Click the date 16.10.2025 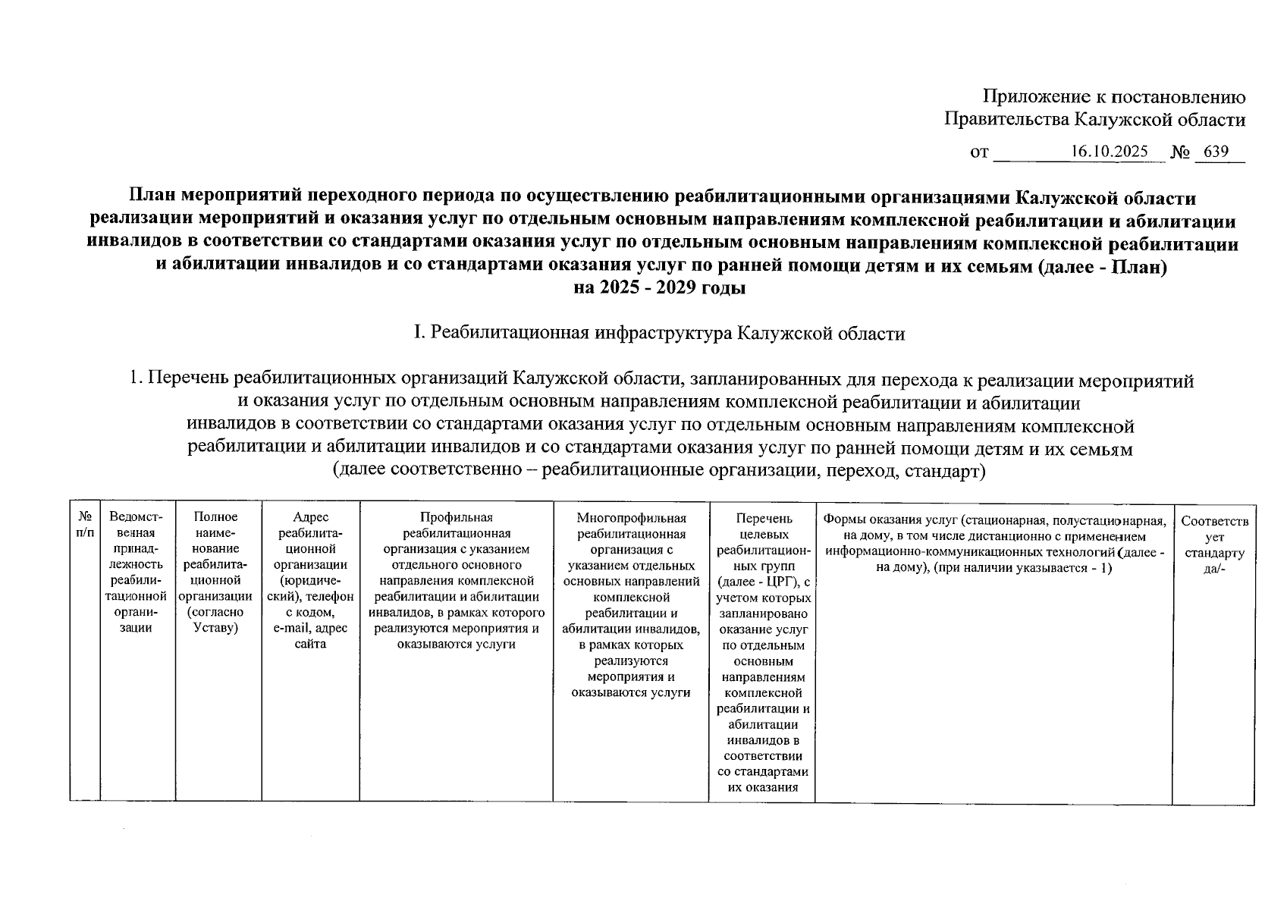[1109, 152]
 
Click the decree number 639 [1216, 152]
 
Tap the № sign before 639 [1180, 152]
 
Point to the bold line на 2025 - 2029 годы [660, 289]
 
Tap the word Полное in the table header [215, 517]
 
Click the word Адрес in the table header [310, 517]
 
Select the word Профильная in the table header [456, 517]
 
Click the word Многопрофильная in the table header [631, 518]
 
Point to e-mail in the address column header [290, 628]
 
